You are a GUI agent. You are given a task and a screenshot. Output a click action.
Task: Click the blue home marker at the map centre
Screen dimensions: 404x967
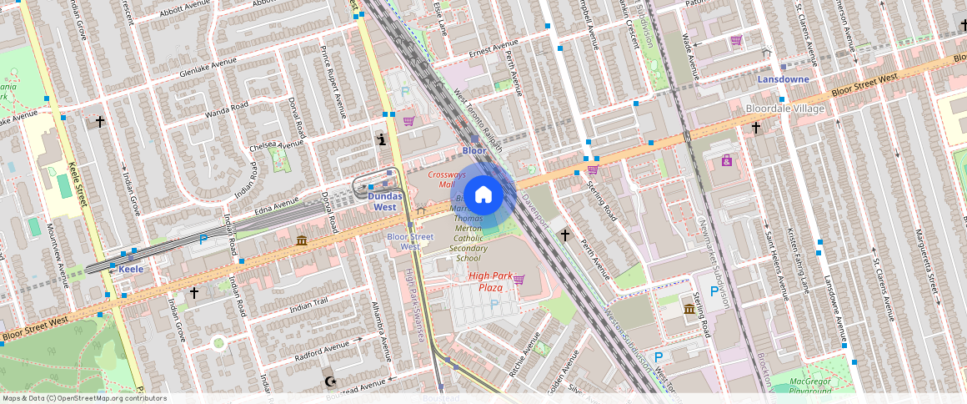483,195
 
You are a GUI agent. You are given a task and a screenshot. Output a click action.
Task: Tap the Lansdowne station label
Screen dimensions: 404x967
783,78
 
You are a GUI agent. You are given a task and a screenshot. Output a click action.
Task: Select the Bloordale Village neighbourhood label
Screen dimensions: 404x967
785,109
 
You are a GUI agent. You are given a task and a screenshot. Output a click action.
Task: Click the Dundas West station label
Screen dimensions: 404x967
384,201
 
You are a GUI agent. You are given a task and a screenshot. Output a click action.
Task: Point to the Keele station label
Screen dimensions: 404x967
131,269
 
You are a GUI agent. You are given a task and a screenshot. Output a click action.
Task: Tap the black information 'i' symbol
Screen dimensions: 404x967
381,139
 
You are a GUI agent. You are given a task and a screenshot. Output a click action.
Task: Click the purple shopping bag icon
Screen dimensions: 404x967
726,160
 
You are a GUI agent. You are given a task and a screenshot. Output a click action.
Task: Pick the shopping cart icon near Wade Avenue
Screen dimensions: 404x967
736,40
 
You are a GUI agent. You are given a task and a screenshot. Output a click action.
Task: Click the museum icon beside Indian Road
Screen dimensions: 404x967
300,241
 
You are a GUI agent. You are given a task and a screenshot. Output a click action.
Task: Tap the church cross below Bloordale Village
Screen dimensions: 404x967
755,128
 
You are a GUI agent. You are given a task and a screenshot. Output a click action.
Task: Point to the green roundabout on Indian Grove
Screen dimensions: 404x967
218,342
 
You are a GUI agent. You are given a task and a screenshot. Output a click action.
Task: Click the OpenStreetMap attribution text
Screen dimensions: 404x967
85,398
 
